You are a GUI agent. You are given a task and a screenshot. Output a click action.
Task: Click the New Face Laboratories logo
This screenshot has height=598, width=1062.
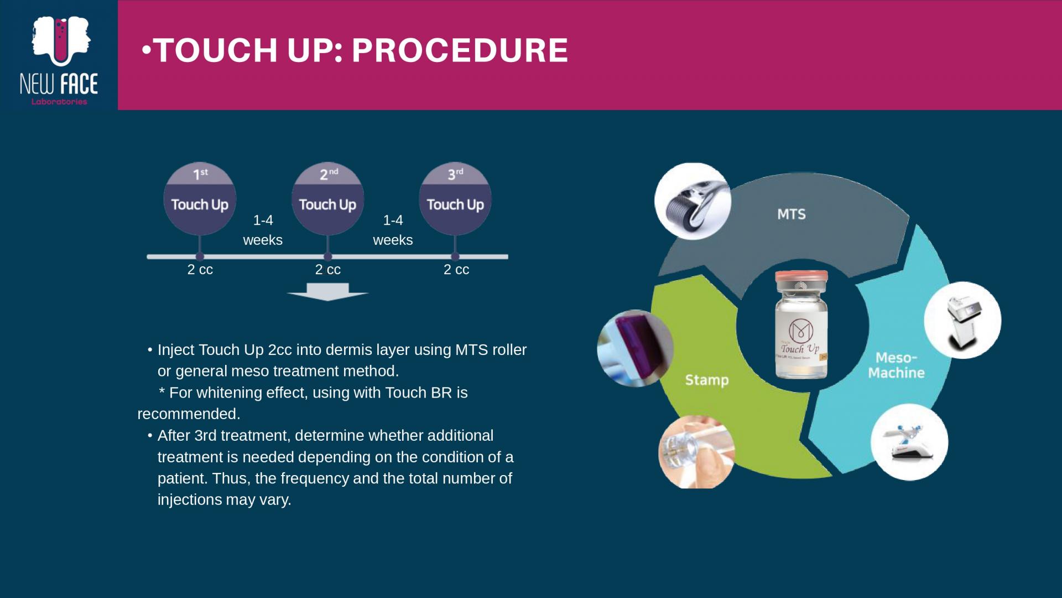[59, 60]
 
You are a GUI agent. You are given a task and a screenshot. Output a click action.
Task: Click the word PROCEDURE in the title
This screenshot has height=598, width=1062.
[460, 50]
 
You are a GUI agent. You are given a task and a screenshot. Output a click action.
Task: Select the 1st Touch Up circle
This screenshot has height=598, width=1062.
[200, 199]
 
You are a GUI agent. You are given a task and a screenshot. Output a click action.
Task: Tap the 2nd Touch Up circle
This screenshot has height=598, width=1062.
[327, 199]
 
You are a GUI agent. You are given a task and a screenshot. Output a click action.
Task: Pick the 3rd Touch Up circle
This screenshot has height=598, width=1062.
[455, 199]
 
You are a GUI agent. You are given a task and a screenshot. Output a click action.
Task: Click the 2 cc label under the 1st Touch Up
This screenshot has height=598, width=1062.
[200, 270]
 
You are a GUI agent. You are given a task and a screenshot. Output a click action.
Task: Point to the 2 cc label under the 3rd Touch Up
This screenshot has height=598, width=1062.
[456, 270]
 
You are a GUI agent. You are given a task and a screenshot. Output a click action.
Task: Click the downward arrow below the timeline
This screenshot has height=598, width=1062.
[328, 292]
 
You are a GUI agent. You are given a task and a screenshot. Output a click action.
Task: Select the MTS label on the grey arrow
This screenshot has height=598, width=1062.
[792, 214]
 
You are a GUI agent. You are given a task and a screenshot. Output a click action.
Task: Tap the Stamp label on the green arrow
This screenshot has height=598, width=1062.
[707, 380]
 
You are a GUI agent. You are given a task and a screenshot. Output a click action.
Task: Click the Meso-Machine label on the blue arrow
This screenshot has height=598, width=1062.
[896, 365]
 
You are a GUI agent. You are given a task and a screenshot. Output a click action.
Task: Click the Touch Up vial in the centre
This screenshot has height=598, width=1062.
[801, 324]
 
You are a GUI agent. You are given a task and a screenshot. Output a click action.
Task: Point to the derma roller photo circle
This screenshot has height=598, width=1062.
[693, 201]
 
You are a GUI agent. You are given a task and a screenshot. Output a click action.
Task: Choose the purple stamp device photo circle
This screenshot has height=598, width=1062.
[636, 348]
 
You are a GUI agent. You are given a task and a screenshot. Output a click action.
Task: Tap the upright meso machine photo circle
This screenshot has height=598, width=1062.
[962, 320]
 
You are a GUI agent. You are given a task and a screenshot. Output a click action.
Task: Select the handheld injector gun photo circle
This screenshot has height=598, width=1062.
[909, 442]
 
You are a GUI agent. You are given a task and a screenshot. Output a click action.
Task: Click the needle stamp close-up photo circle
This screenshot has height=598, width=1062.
[696, 452]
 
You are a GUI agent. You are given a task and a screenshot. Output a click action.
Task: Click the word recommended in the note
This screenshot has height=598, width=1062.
[189, 414]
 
